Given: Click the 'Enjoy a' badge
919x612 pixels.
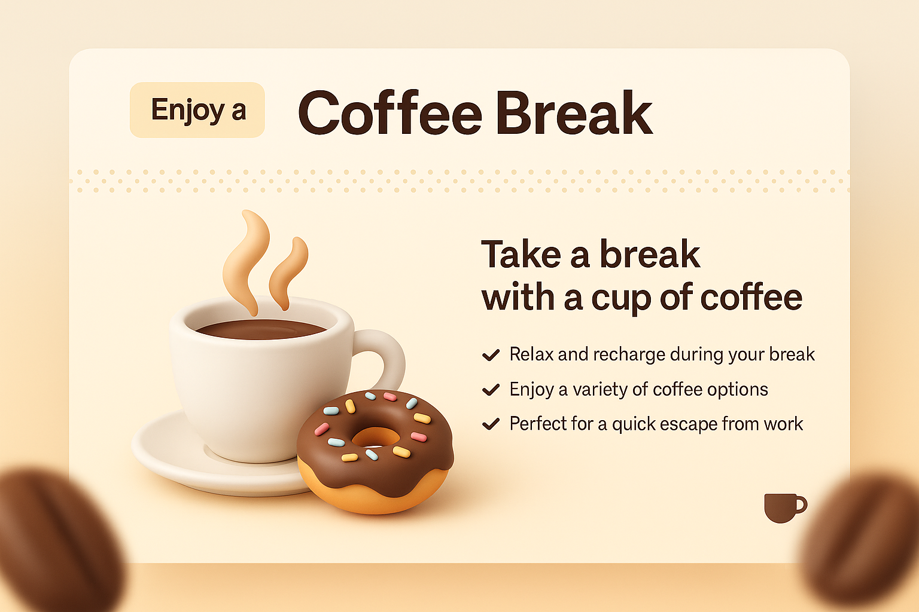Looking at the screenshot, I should point(197,110).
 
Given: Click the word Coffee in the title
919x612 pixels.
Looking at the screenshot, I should point(389,113).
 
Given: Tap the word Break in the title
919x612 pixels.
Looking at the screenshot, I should point(573,113).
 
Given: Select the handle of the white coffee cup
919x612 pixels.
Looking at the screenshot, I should point(387,359).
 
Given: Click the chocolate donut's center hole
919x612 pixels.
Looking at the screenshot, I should point(375,437).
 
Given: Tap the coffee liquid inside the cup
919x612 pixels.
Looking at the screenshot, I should point(260,329).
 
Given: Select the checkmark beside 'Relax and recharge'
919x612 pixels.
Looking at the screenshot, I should point(491,355).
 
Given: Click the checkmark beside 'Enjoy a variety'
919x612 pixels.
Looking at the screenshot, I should point(491,390).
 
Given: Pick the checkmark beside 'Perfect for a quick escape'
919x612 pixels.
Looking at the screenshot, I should point(491,424).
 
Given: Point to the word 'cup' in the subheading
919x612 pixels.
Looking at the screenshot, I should point(622,298).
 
